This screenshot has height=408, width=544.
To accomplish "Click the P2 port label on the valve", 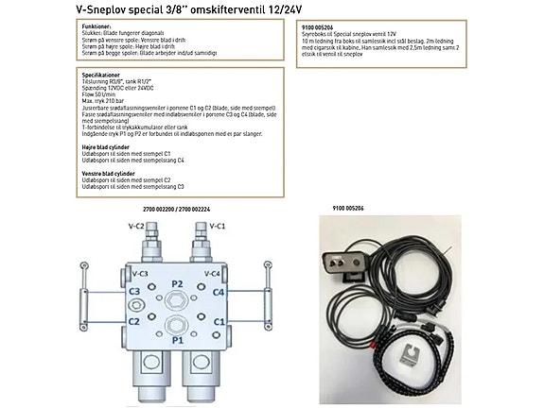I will (x=177, y=283).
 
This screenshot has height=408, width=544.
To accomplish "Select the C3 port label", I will (x=134, y=291).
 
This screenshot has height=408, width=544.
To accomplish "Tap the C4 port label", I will (x=219, y=292).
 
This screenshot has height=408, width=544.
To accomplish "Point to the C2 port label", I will (x=134, y=321).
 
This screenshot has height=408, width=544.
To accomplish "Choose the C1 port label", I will (x=219, y=321).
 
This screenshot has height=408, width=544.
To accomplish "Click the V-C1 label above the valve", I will (x=217, y=227).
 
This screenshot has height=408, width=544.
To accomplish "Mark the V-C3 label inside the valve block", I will (x=136, y=274).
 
